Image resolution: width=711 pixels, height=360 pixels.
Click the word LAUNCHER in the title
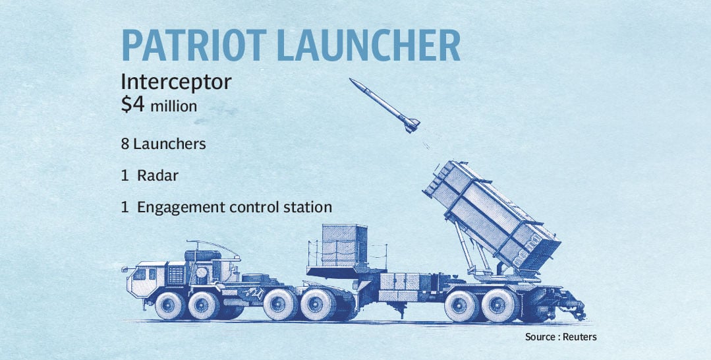tap(368, 45)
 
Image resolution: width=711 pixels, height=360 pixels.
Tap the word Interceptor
tap(177, 82)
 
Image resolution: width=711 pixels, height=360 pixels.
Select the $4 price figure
tap(133, 105)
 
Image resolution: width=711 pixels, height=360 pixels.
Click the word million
tap(174, 107)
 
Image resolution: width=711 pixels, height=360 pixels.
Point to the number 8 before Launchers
tap(125, 144)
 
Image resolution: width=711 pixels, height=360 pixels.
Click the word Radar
tap(157, 175)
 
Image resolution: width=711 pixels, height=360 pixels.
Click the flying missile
tap(385, 105)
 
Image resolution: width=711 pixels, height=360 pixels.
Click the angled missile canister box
tap(492, 215)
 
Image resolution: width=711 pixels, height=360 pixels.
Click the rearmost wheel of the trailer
tap(499, 305)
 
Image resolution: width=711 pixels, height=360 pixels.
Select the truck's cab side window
tap(139, 274)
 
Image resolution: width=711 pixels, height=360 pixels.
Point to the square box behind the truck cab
tap(345, 245)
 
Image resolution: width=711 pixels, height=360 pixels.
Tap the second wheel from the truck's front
tap(204, 305)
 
